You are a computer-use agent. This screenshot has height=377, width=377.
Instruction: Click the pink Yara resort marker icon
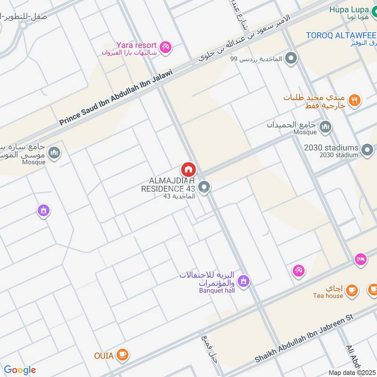(x=165, y=46)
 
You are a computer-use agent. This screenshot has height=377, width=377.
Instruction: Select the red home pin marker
(x=188, y=169)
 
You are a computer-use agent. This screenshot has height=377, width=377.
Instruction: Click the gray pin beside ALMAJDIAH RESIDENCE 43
(x=204, y=188)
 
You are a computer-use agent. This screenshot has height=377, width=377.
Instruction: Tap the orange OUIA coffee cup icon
(x=123, y=355)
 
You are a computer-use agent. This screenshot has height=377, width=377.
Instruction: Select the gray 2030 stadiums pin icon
(x=368, y=150)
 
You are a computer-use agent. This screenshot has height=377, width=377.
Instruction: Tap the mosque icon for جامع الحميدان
(x=326, y=127)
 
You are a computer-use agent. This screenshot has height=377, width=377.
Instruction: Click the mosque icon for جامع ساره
(x=55, y=153)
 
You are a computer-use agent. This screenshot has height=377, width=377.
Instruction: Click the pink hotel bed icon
(x=361, y=260)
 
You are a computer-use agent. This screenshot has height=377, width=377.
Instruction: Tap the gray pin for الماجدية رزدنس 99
(x=292, y=59)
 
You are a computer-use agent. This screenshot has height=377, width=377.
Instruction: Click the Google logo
(x=20, y=370)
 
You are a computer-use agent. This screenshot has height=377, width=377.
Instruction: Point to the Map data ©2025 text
(x=352, y=372)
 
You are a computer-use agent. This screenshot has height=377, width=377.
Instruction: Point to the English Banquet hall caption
(x=216, y=291)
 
